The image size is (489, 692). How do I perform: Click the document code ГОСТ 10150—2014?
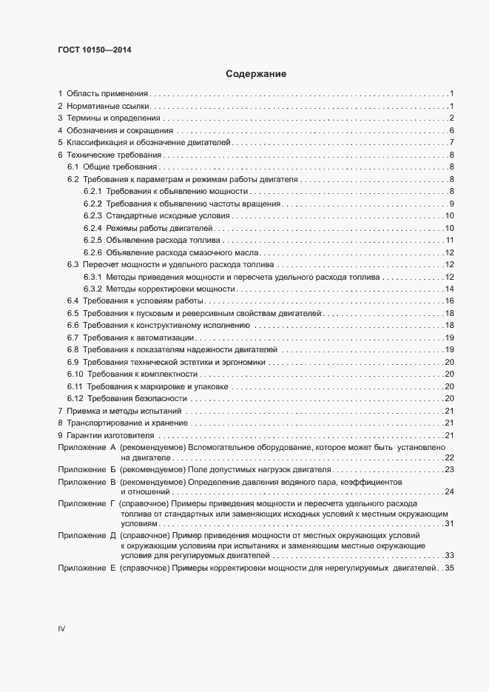(x=95, y=50)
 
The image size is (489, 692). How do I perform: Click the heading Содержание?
(x=255, y=74)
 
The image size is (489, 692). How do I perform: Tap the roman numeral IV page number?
(x=62, y=628)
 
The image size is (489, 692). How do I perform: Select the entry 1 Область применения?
(x=104, y=94)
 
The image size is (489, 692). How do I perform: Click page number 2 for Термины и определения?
(x=451, y=118)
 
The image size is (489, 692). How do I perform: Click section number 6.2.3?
(x=92, y=216)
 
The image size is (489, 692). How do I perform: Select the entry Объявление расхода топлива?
(x=162, y=241)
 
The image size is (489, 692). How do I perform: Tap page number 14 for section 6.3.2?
(x=448, y=289)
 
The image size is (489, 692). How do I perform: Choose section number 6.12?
(x=75, y=398)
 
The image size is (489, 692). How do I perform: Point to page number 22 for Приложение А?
(x=448, y=458)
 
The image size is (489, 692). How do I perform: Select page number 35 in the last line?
(x=448, y=568)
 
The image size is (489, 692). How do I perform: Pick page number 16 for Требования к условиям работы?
(x=448, y=300)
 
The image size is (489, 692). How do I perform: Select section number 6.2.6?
(x=92, y=252)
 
